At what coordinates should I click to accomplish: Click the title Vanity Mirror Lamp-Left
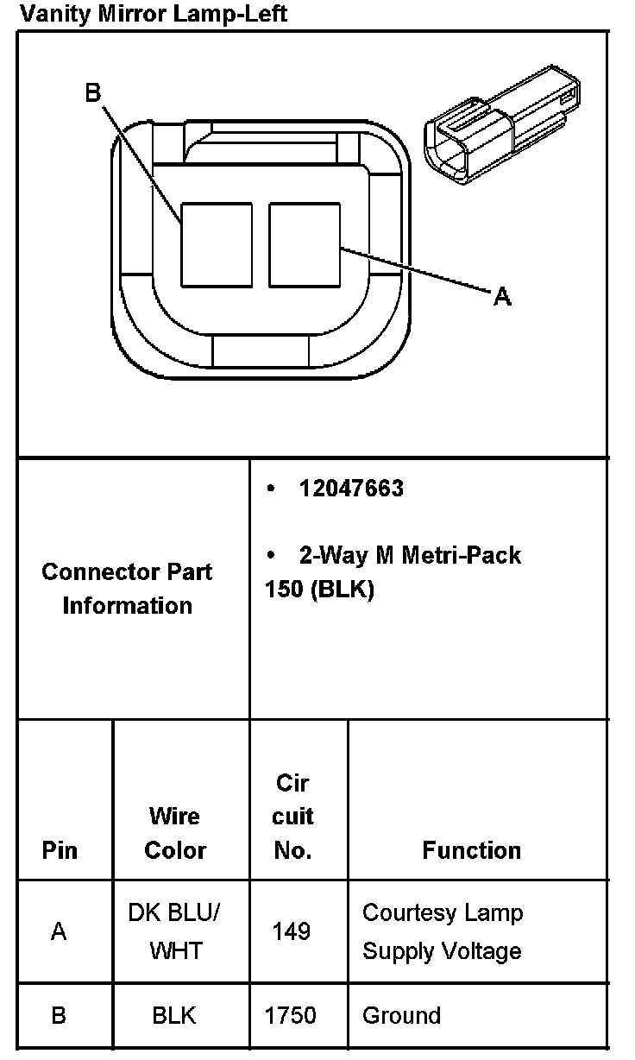tap(154, 14)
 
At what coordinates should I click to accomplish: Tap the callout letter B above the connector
tap(93, 92)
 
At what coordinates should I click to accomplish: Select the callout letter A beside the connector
tap(502, 297)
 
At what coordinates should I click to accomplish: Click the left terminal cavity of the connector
tap(216, 244)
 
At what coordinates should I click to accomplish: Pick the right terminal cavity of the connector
tap(305, 244)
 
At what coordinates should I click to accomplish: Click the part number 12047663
tap(351, 489)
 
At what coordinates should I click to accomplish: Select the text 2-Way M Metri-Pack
tap(410, 554)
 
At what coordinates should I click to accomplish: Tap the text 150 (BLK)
tap(319, 591)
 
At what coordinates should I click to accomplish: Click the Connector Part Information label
tap(127, 588)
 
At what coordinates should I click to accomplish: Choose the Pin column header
tap(60, 850)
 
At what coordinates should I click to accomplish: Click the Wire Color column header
tap(175, 833)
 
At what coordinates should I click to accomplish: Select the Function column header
tap(471, 850)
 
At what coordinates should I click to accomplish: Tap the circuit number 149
tap(292, 931)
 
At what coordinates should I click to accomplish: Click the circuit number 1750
tap(292, 1015)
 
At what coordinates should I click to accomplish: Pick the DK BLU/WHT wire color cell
tap(175, 931)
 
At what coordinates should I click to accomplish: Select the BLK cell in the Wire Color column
tap(174, 1015)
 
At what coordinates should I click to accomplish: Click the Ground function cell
tap(401, 1015)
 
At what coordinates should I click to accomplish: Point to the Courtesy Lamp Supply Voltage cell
tap(443, 931)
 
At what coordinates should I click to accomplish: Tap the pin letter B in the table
tap(59, 1015)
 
